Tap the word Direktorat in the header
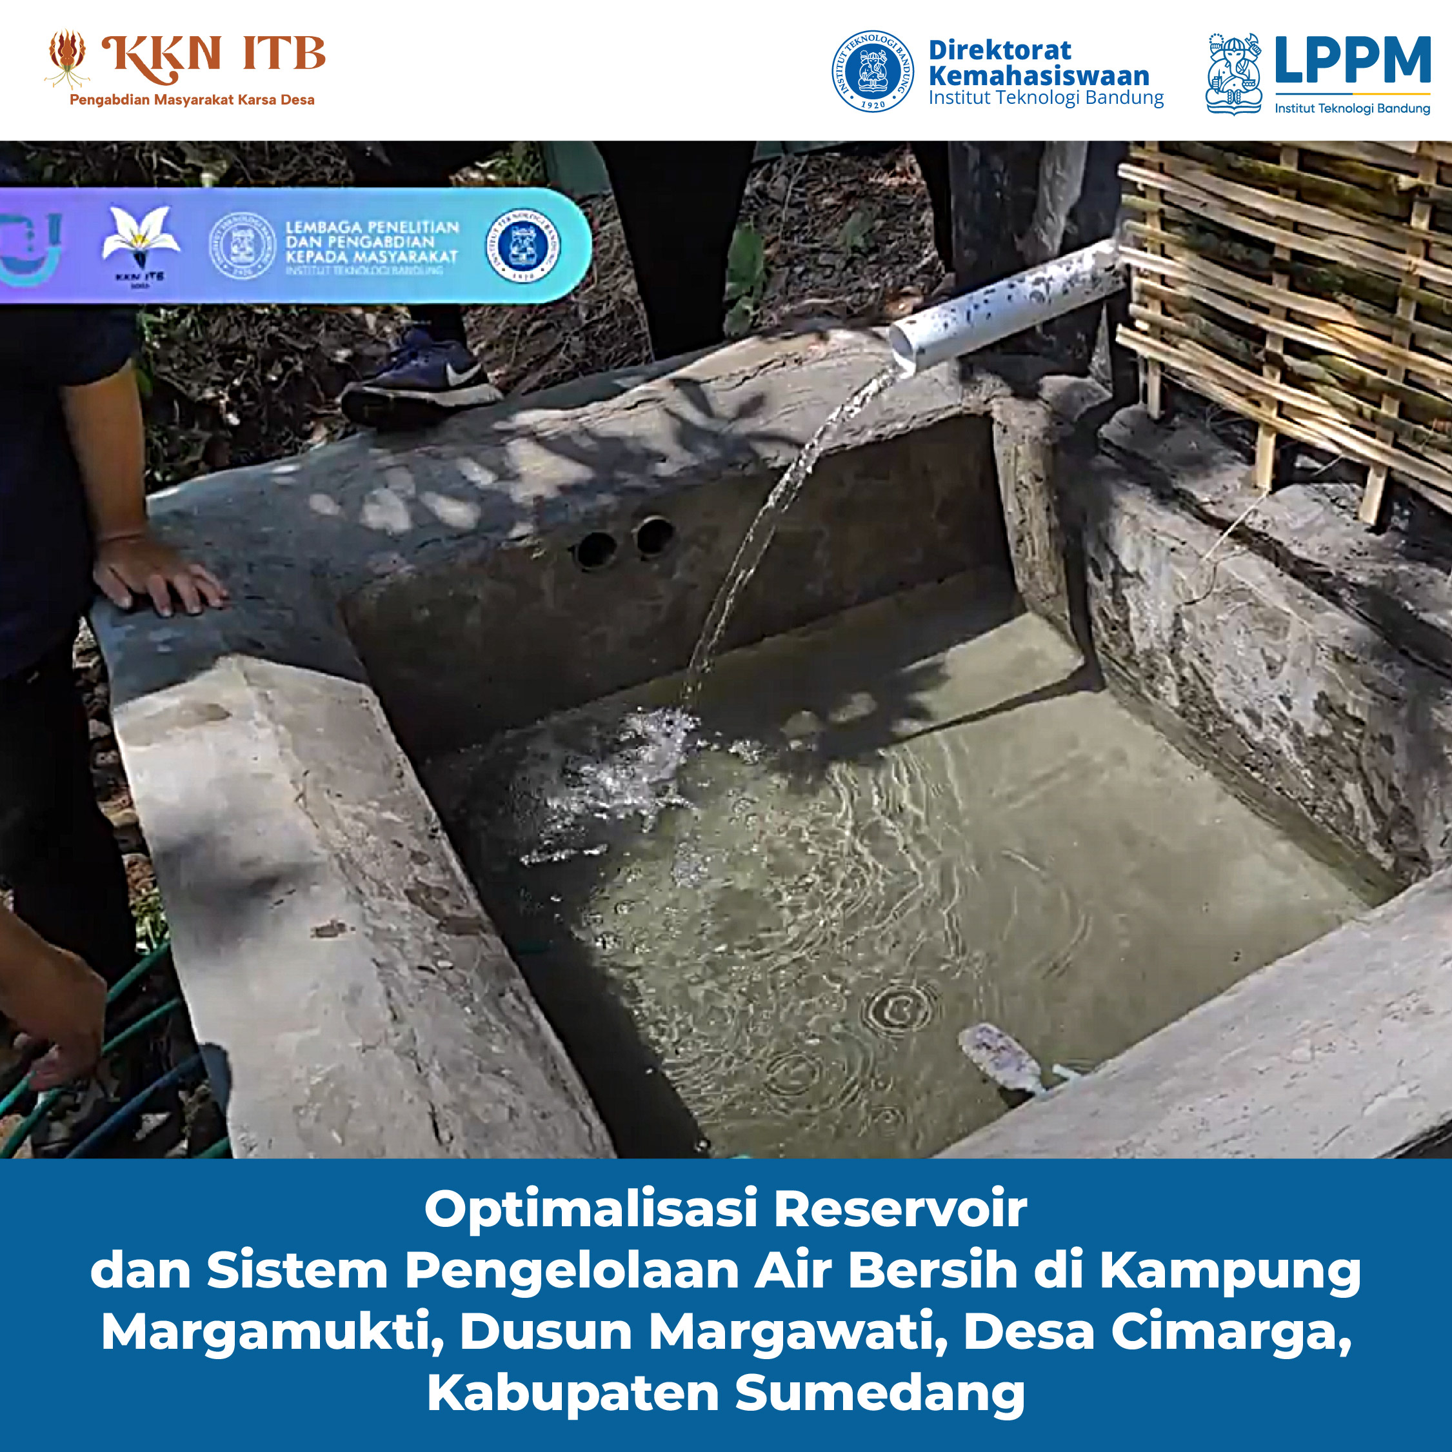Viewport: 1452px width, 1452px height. point(1000,50)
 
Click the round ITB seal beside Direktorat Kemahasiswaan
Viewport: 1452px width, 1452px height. point(873,72)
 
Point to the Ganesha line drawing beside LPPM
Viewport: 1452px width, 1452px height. point(1233,74)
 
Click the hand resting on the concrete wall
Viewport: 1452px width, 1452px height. point(158,575)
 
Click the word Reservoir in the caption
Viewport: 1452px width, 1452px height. point(900,1209)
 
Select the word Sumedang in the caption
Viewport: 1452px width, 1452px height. point(879,1393)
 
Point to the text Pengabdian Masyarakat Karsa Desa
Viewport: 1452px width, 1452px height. point(192,100)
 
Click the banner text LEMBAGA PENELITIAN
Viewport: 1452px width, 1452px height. point(372,227)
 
